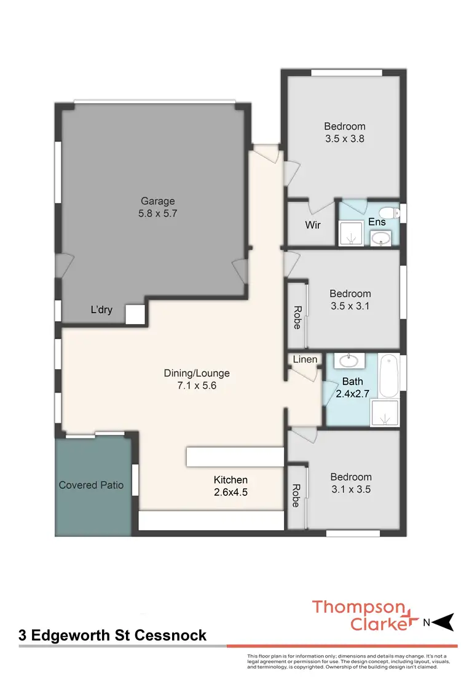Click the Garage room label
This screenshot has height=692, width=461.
pos(158,201)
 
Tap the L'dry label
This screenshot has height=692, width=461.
pos(101,309)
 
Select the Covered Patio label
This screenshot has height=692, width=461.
pos(91,485)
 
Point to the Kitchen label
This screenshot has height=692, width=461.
pos(230,480)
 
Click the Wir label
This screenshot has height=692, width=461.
pos(313,225)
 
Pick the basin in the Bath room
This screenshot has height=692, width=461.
pos(350,360)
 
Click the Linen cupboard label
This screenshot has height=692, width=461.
pos(305,359)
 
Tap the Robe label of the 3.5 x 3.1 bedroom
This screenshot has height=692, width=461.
pos(297,317)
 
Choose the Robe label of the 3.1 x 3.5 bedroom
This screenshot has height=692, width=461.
pos(296,496)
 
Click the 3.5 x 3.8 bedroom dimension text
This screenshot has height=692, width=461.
pos(345,139)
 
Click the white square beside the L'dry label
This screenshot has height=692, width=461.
pos(135,314)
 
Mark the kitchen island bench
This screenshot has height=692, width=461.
pos(235,457)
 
